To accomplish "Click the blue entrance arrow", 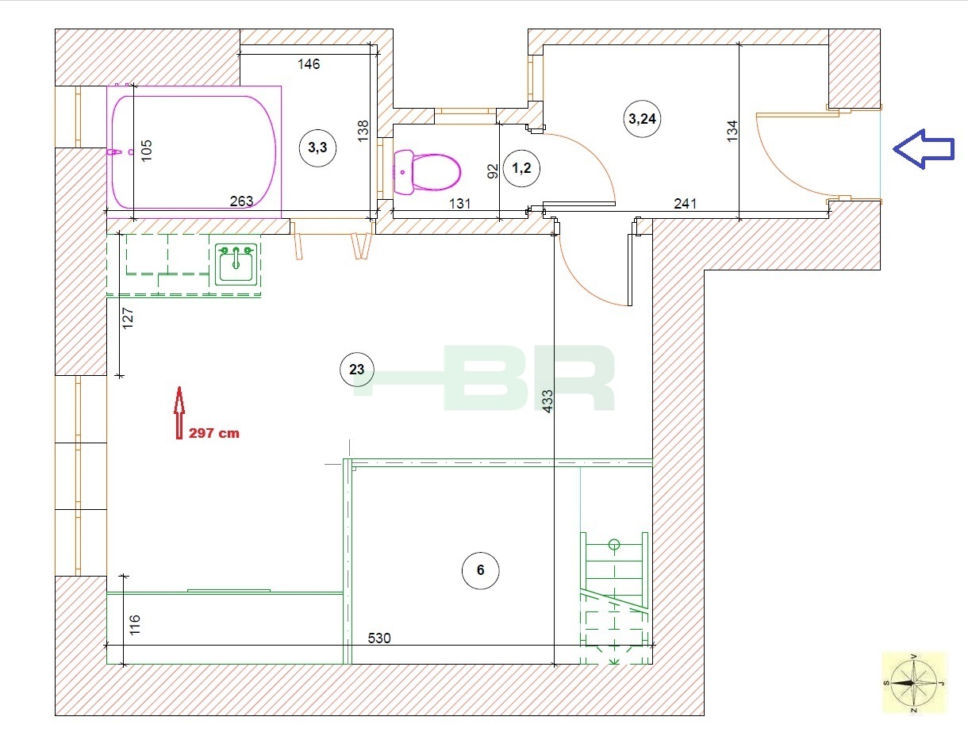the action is click(x=923, y=149).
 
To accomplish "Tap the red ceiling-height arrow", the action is click(x=179, y=412).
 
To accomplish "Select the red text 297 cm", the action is click(x=213, y=433).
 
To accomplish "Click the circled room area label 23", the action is click(x=357, y=369).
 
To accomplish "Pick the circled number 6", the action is click(x=480, y=570).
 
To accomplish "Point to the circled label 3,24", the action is click(x=642, y=119).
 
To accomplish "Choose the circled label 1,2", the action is click(x=521, y=168).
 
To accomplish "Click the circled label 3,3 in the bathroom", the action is click(x=317, y=148).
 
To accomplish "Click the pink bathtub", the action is click(x=194, y=152).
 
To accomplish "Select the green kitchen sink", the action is click(x=236, y=264).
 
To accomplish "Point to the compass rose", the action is click(x=914, y=683).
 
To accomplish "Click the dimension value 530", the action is click(x=379, y=638).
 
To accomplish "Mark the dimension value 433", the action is click(x=547, y=401).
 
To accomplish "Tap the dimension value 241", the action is click(x=685, y=204).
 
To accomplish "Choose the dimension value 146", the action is click(x=309, y=64).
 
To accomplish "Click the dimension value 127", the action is click(x=128, y=318).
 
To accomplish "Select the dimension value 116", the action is click(x=135, y=625).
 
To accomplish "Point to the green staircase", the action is click(x=615, y=598).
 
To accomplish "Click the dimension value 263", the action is click(x=241, y=201).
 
